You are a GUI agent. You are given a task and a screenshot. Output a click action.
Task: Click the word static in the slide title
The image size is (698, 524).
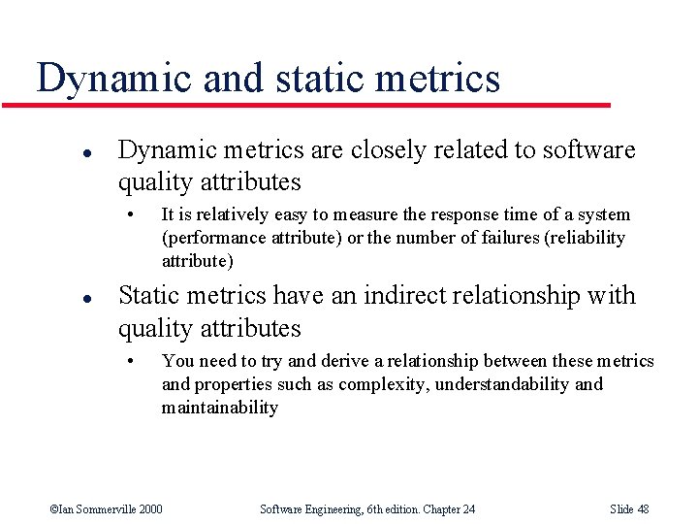(316, 79)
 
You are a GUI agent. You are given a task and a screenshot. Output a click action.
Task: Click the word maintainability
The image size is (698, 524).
(219, 408)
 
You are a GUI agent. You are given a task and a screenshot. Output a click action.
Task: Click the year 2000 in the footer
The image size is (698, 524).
(151, 509)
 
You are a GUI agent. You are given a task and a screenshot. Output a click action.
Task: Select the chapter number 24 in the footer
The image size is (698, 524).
(467, 509)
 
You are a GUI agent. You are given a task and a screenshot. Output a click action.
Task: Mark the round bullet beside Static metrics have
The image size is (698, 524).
(61, 297)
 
